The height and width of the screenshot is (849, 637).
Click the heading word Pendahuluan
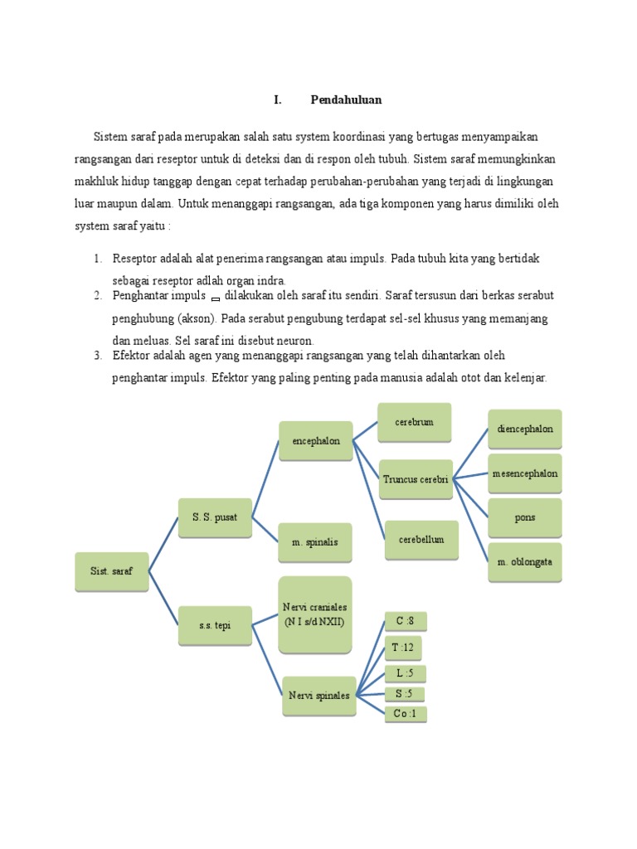[346, 99]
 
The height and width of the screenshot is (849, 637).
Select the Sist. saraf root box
[111, 571]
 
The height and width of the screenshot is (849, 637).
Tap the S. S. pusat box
[215, 517]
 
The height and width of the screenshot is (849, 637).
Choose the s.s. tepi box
[215, 625]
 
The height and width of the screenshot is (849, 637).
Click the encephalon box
[316, 442]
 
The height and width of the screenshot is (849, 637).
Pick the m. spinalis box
[314, 542]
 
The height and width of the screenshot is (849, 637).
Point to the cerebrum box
[415, 423]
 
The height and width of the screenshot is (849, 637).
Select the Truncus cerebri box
[416, 479]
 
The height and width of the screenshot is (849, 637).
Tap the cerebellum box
[421, 540]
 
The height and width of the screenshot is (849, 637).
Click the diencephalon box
[524, 429]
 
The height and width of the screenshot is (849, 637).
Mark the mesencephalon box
[524, 474]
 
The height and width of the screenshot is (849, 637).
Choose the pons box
[524, 518]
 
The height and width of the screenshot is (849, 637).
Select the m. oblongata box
[524, 562]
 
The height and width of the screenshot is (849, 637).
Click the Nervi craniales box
[315, 614]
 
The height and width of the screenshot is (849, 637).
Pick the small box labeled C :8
[405, 621]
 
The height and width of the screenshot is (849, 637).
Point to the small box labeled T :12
[405, 648]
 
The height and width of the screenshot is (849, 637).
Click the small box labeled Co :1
[405, 713]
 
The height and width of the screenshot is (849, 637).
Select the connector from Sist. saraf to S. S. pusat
[163, 544]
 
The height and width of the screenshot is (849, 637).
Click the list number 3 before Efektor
[97, 356]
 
